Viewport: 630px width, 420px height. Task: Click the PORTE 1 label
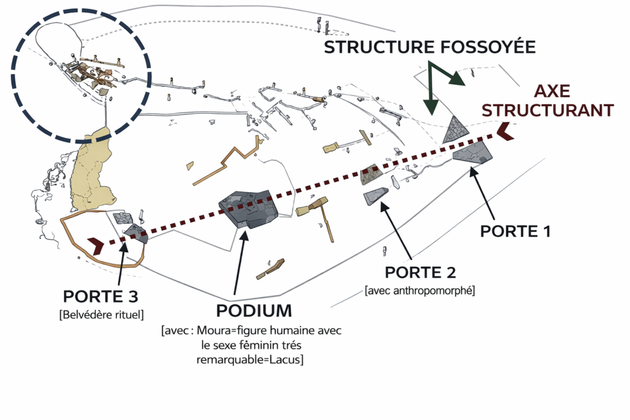pyautogui.click(x=515, y=231)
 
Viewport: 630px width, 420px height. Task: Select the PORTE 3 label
pyautogui.click(x=101, y=296)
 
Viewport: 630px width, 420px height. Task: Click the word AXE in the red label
pyautogui.click(x=552, y=92)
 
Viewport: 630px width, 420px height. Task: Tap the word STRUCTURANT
pyautogui.click(x=548, y=110)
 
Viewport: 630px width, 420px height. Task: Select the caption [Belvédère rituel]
pyautogui.click(x=101, y=315)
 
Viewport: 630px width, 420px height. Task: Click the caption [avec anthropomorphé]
pyautogui.click(x=420, y=290)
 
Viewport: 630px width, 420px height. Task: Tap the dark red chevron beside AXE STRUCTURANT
pyautogui.click(x=506, y=131)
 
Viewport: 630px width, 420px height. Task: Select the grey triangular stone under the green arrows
pyautogui.click(x=457, y=129)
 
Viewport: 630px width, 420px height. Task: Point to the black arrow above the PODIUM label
pyautogui.click(x=241, y=258)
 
